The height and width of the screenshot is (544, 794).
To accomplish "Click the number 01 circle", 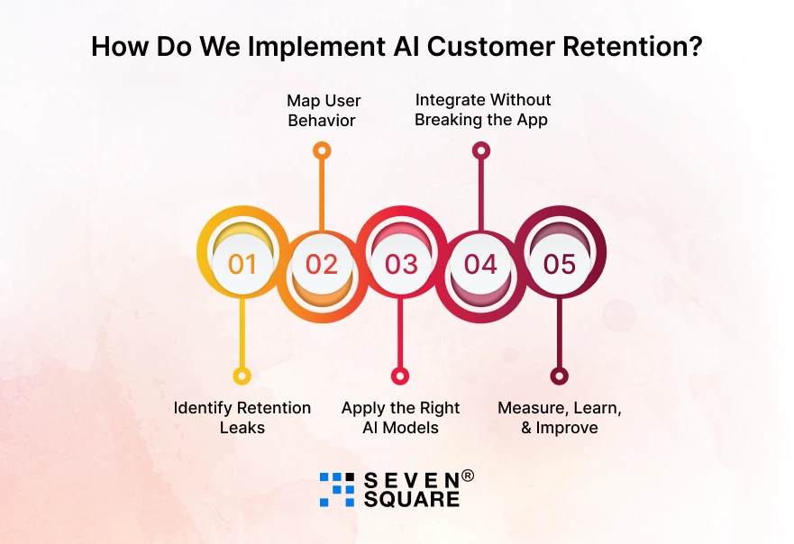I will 242,264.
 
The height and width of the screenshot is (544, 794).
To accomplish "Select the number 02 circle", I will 322,264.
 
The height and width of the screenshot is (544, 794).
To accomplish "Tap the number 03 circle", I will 401,264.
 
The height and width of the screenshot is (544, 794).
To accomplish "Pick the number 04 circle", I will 480,264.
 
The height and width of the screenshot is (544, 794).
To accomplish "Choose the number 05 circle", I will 560,264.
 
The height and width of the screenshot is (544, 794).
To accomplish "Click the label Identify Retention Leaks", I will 242,418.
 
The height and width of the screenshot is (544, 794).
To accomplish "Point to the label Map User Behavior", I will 323,111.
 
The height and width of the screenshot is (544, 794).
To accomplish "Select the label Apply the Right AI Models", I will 400,418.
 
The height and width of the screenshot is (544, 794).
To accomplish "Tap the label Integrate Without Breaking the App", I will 482,110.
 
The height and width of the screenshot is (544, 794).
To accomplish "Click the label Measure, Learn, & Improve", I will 560,418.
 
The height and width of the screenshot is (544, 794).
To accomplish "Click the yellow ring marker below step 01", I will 242,376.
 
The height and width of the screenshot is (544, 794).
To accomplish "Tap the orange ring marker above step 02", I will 322,150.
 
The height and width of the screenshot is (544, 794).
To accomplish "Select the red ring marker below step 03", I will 400,376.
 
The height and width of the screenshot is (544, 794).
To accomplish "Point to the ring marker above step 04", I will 481,150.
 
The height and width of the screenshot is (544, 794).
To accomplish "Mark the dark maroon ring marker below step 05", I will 560,376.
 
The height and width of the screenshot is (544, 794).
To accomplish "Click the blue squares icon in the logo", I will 337,489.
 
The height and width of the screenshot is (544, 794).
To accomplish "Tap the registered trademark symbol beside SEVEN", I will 467,476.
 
